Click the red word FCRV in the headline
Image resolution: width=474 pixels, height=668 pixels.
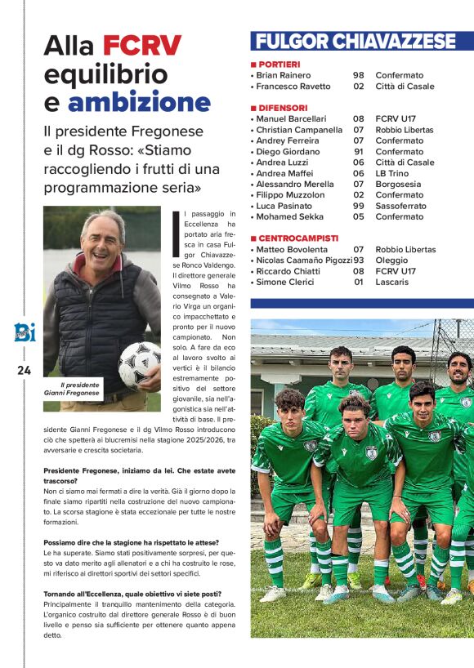(143, 46)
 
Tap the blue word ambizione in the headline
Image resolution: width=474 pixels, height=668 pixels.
(139, 102)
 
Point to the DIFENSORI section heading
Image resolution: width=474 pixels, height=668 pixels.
(283, 108)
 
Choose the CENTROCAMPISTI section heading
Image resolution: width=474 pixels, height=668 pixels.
(299, 238)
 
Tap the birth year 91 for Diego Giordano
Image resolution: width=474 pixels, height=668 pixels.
(359, 151)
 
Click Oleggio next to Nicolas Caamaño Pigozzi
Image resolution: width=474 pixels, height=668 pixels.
(392, 260)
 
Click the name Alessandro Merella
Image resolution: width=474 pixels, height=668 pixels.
(295, 184)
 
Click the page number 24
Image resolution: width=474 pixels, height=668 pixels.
(24, 371)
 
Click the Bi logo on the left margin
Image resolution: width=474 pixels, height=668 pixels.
(22, 332)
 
